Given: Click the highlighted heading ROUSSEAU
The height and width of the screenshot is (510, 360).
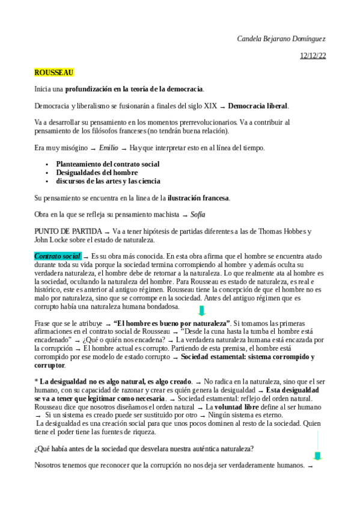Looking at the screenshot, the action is (x=54, y=73).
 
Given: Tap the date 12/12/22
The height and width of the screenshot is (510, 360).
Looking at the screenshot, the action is (x=313, y=56).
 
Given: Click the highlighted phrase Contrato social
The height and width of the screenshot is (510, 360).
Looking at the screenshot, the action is (x=58, y=256).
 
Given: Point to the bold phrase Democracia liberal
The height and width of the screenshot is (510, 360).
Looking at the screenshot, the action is (x=258, y=106).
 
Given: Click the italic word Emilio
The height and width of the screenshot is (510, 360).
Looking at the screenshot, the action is (x=108, y=148).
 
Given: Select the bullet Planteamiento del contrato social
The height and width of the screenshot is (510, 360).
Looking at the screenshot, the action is (x=108, y=164).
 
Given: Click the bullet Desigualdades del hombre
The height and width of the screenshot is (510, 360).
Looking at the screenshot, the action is (x=97, y=172).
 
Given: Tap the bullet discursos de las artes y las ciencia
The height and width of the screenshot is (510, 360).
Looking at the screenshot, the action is (x=108, y=180).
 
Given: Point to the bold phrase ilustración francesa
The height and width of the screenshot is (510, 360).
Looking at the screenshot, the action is (x=198, y=198).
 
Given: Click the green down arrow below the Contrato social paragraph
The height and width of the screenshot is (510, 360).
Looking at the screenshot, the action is (x=202, y=311).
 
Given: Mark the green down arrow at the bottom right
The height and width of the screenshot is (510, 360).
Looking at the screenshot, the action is (x=318, y=455).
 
